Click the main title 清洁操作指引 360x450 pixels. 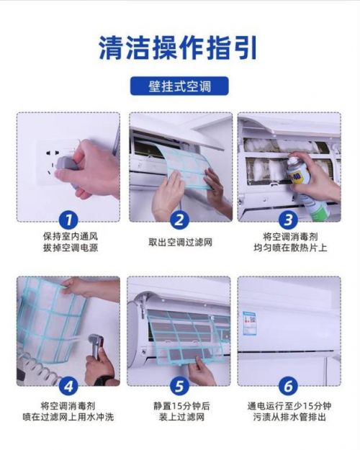click(x=178, y=48)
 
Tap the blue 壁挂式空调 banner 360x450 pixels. click(x=179, y=86)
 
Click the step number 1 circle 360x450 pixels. click(x=68, y=220)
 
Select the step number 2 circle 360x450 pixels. click(x=179, y=220)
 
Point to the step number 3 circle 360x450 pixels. click(x=288, y=220)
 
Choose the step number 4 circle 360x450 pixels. click(x=68, y=387)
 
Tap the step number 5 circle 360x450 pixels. click(x=179, y=387)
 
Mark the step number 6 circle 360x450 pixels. click(x=288, y=387)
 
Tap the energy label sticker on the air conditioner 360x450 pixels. click(x=249, y=323)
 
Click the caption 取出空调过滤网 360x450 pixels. click(x=180, y=243)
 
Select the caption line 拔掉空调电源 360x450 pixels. click(x=71, y=248)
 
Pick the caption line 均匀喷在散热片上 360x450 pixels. click(x=290, y=248)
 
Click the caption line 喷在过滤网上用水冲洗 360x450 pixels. click(x=68, y=417)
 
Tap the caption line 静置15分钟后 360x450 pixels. click(x=181, y=406)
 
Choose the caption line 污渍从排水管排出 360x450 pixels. click(x=289, y=417)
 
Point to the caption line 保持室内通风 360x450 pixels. click(x=71, y=236)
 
